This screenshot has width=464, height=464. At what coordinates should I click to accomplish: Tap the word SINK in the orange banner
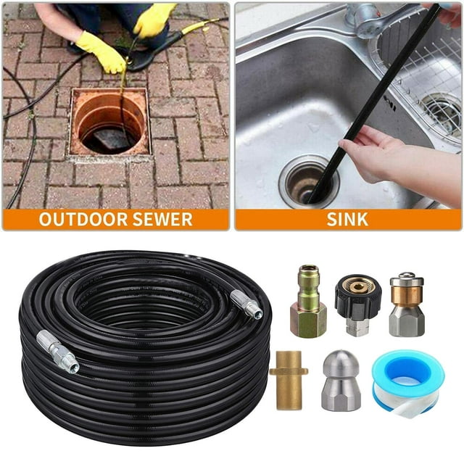click(x=347, y=219)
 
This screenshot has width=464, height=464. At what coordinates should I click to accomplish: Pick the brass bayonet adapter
click(x=289, y=380)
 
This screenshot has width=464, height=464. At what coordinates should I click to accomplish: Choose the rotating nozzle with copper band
click(x=407, y=304)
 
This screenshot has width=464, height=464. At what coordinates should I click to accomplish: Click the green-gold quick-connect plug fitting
click(x=308, y=301)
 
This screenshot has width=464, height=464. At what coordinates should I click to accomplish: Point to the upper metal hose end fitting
click(x=246, y=304)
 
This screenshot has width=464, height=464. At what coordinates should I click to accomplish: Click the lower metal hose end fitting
click(x=58, y=351)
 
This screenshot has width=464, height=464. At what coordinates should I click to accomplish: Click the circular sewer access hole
click(x=110, y=123)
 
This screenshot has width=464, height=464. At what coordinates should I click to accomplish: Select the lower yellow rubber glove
click(x=101, y=52)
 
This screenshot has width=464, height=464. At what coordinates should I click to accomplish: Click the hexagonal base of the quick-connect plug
click(x=308, y=322)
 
